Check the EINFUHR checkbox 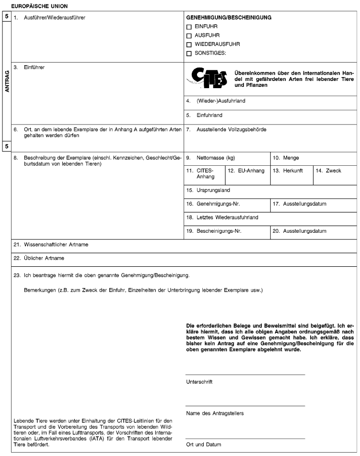point(189,27)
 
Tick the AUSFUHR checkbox point(189,35)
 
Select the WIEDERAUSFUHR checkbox point(189,44)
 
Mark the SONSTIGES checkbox point(189,53)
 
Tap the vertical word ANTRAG point(7,81)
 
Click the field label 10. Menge point(288,158)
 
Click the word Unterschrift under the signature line point(199,382)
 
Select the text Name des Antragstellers point(214,413)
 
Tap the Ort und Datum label point(204,445)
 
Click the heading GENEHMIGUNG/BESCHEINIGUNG point(229,17)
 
